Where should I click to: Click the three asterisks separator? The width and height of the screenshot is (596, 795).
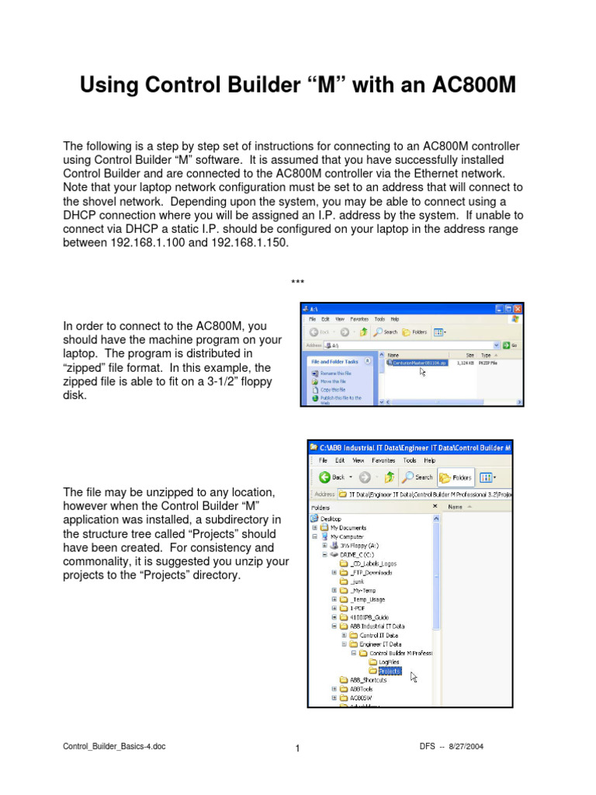[297, 282]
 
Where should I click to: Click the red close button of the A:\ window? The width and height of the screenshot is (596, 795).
[517, 308]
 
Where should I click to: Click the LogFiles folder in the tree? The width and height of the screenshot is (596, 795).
[389, 662]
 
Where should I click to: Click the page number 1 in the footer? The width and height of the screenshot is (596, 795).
[297, 748]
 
